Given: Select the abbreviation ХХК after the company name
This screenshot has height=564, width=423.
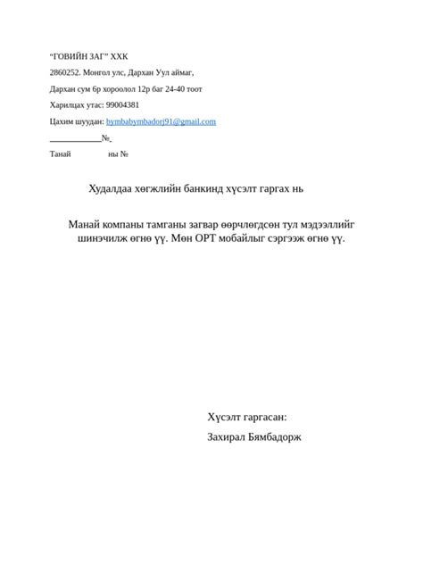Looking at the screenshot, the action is coord(120,56).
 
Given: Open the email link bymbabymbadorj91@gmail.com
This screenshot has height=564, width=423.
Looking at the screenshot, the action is coord(161,121).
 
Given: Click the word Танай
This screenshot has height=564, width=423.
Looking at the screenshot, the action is coord(60,154).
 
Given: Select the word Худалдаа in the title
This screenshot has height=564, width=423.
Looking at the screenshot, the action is coord(110,188).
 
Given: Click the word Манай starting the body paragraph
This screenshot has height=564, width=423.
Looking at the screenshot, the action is coord(87,224).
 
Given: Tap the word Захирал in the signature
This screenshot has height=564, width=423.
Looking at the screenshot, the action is coord(228,437).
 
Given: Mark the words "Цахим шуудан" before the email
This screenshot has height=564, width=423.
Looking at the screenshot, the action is coord(77,121).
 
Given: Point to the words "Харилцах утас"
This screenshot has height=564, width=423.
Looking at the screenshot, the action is coord(76,104).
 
